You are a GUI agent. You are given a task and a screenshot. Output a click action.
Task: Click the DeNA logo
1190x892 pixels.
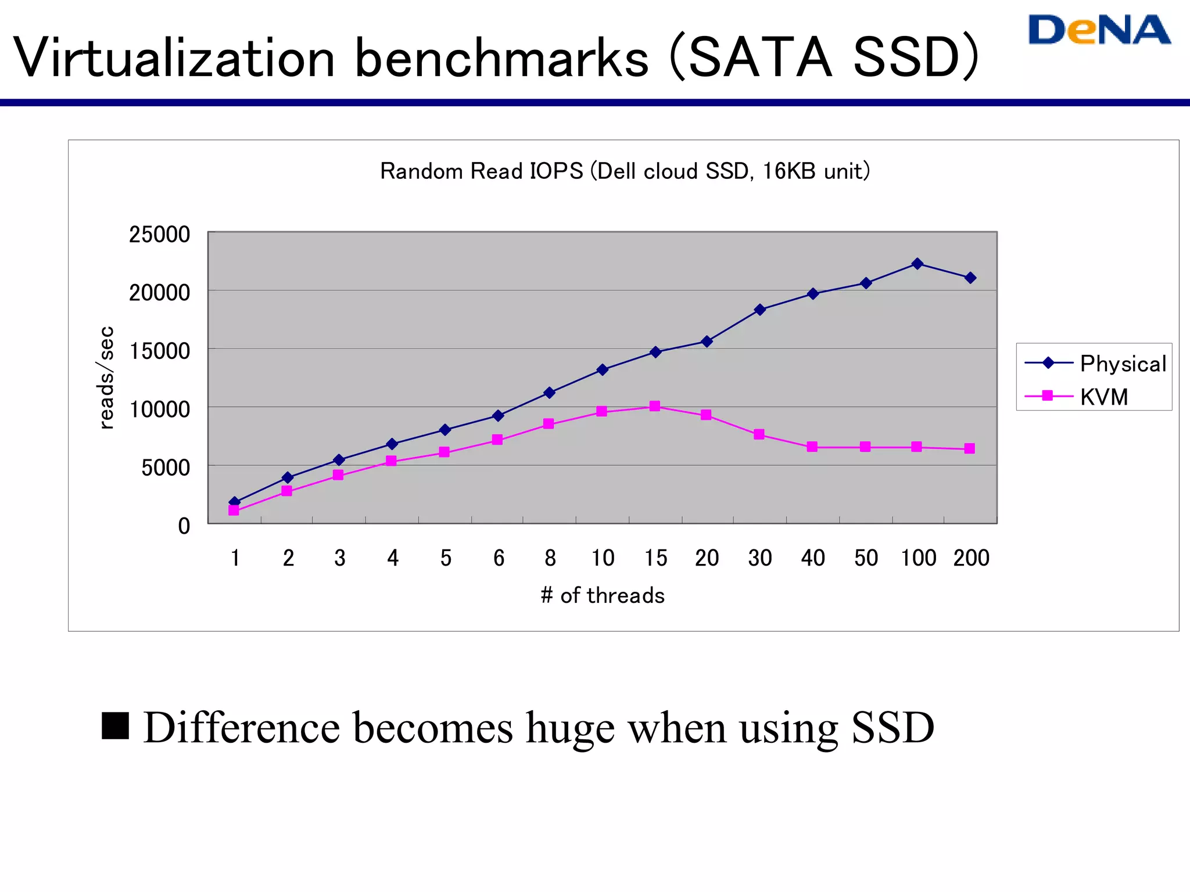pyautogui.click(x=1099, y=30)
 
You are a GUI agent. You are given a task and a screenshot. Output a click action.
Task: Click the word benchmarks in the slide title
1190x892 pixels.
pyautogui.click(x=501, y=58)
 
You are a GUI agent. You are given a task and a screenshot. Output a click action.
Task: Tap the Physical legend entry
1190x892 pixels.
pyautogui.click(x=1123, y=364)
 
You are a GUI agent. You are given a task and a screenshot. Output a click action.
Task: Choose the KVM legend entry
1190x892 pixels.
pyautogui.click(x=1103, y=397)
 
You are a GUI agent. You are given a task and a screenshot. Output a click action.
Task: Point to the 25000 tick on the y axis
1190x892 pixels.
pyautogui.click(x=159, y=235)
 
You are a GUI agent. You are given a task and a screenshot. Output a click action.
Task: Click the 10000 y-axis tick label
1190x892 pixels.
pyautogui.click(x=159, y=409)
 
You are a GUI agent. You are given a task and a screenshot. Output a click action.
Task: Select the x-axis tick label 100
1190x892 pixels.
pyautogui.click(x=918, y=558)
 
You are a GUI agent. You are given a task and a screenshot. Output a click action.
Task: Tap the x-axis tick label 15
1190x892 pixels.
pyautogui.click(x=655, y=558)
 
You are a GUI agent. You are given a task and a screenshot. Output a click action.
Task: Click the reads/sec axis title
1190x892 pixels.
pyautogui.click(x=106, y=377)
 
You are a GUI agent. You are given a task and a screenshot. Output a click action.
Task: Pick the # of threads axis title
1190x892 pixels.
pyautogui.click(x=603, y=596)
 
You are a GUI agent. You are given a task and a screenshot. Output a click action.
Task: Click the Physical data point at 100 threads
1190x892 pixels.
pyautogui.click(x=917, y=264)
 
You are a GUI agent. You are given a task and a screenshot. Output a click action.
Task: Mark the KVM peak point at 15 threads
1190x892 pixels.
pyautogui.click(x=655, y=406)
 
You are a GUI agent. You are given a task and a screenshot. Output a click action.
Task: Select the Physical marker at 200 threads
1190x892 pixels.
pyautogui.click(x=970, y=278)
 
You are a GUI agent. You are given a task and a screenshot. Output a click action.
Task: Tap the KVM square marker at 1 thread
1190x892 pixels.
pyautogui.click(x=234, y=510)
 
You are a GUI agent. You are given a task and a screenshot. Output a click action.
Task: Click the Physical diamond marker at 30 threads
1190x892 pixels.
pyautogui.click(x=760, y=310)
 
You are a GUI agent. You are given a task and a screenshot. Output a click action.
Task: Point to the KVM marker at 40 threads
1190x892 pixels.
pyautogui.click(x=812, y=447)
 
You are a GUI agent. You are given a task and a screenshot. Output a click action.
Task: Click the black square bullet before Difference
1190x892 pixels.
pyautogui.click(x=115, y=725)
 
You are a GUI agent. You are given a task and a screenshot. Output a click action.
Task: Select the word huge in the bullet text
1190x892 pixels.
pyautogui.click(x=570, y=728)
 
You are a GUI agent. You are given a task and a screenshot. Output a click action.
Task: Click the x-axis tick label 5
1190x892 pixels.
pyautogui.click(x=446, y=558)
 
